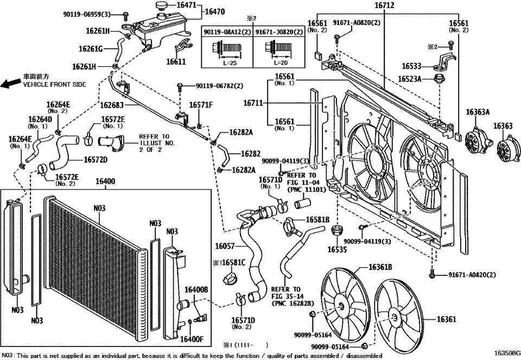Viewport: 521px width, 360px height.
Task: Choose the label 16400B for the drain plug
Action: click(197, 290)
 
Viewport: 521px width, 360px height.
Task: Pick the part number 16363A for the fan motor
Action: click(478, 112)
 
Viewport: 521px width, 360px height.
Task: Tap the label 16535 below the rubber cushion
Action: click(338, 250)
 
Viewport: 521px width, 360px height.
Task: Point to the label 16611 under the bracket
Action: click(176, 62)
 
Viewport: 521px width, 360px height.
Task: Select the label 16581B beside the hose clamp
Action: click(317, 219)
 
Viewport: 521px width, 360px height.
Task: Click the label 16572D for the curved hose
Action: click(96, 160)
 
